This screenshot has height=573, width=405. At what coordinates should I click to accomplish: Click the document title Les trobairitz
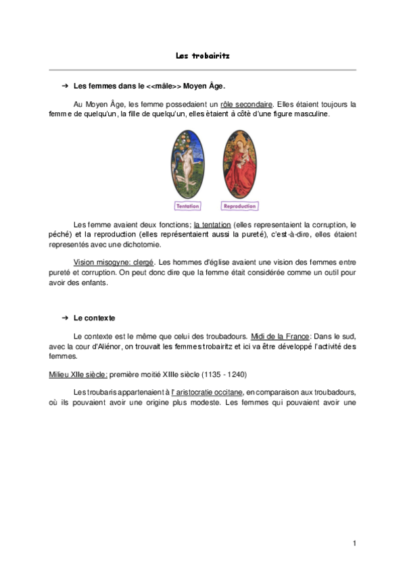(x=202, y=56)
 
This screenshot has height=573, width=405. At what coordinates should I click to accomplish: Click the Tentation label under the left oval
(x=187, y=205)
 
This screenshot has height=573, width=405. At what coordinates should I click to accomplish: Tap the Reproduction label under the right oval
(x=239, y=205)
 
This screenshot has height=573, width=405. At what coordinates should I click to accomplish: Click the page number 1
(x=354, y=543)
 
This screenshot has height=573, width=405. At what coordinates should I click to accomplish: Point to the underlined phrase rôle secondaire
(x=247, y=105)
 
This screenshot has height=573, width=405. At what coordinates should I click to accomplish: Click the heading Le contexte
(x=95, y=317)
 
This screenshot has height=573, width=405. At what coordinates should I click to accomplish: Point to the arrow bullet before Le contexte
(x=65, y=317)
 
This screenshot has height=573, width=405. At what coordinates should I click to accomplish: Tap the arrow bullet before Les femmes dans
(x=65, y=86)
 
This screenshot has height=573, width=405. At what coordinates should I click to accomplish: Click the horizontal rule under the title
(x=202, y=70)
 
